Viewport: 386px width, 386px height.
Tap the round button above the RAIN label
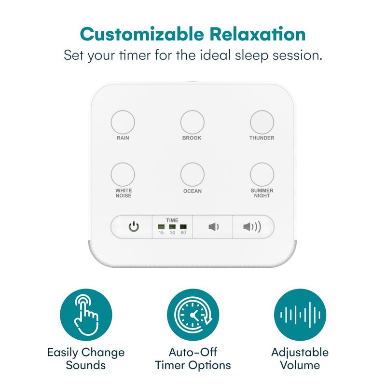(x=123, y=122)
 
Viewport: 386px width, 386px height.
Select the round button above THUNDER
(x=262, y=122)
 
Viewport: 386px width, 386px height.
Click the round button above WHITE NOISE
(x=123, y=174)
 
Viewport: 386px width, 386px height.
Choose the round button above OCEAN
(x=192, y=174)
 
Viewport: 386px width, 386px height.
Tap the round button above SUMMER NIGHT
(x=262, y=174)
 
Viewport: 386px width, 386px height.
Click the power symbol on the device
(x=134, y=227)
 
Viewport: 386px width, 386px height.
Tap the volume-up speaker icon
(x=252, y=227)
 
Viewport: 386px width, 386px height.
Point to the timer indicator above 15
(x=161, y=226)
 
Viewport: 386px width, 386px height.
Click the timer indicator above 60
(x=183, y=226)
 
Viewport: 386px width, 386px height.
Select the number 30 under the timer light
(x=172, y=233)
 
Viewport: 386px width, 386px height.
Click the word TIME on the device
(x=172, y=221)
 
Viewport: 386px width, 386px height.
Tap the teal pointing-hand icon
(x=86, y=315)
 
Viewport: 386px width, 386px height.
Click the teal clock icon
(x=193, y=315)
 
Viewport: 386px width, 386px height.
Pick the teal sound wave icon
(x=300, y=315)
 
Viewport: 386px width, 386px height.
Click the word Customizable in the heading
(x=142, y=34)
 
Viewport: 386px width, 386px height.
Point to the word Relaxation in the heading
(x=258, y=34)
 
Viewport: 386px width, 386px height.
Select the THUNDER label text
(x=262, y=138)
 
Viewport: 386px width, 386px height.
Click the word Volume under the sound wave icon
(x=300, y=365)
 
